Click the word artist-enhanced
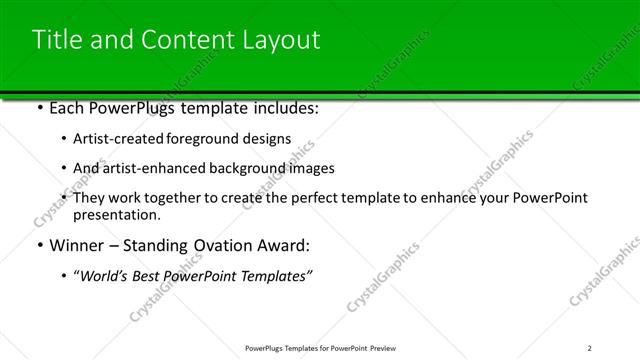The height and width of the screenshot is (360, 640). pyautogui.click(x=153, y=168)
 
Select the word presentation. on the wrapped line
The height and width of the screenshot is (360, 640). pyautogui.click(x=117, y=215)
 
